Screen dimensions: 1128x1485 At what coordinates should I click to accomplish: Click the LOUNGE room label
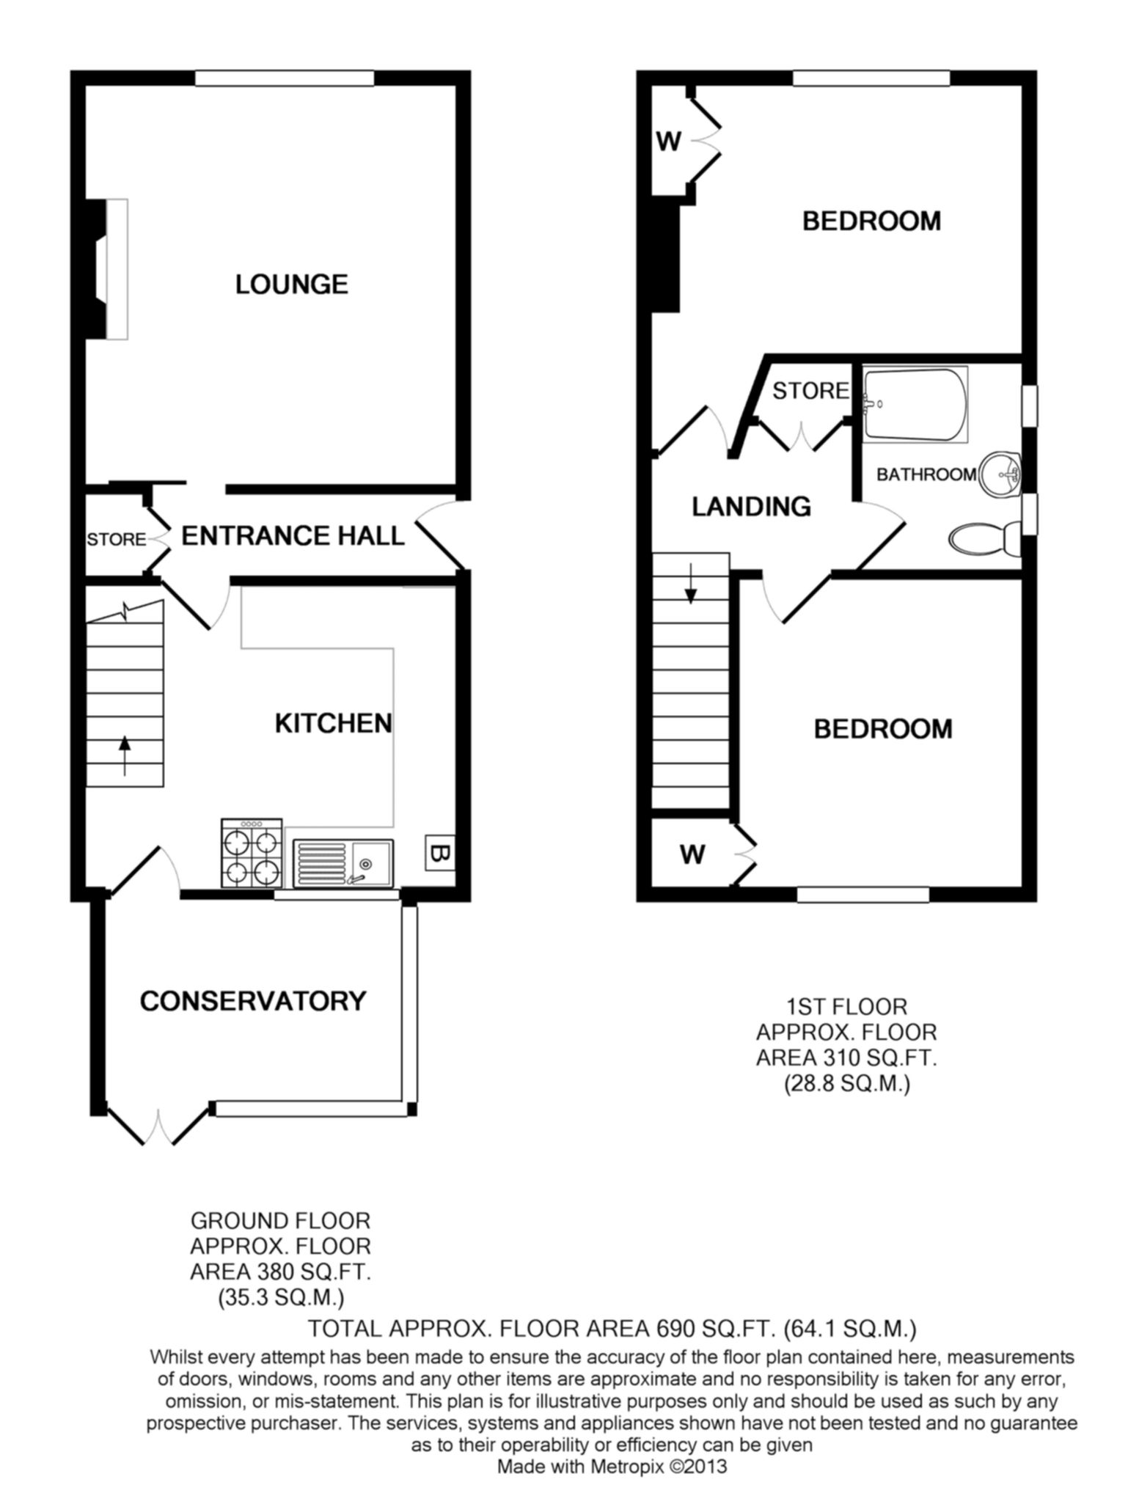[x=291, y=284]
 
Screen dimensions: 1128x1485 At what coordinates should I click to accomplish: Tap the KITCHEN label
[x=334, y=723]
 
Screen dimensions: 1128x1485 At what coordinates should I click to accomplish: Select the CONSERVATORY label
[x=253, y=1000]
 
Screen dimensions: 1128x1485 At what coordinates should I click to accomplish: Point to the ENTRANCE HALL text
[x=293, y=536]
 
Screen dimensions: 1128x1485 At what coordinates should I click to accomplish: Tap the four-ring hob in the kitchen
[x=252, y=852]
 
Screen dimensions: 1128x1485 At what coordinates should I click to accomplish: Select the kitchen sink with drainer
[x=343, y=862]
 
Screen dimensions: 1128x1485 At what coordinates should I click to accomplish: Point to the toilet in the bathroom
[x=984, y=539]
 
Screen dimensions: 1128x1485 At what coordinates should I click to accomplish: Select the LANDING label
[x=752, y=507]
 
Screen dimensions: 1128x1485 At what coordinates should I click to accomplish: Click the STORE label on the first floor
[x=810, y=391]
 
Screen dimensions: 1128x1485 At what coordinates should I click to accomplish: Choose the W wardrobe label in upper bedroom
[x=669, y=141]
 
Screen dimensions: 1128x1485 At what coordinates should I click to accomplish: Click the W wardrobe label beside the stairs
[x=692, y=854]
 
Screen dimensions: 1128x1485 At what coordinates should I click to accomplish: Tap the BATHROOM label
[x=926, y=474]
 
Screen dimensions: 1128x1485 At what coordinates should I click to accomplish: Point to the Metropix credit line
[x=612, y=1466]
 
